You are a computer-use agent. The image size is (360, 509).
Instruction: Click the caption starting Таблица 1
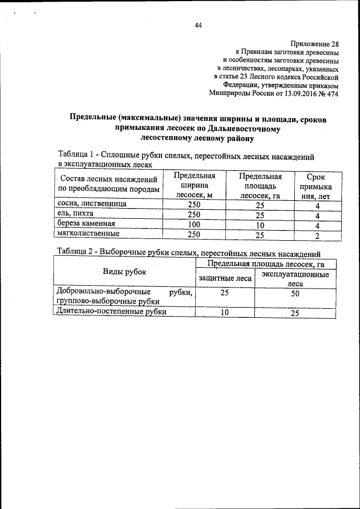pyautogui.click(x=186, y=156)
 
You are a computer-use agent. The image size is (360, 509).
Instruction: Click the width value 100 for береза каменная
pyautogui.click(x=193, y=224)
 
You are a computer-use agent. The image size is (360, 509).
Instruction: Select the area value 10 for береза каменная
pyautogui.click(x=260, y=224)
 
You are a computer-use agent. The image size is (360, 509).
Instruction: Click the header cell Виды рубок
pyautogui.click(x=124, y=272)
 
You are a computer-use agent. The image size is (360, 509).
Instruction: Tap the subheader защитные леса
pyautogui.click(x=224, y=277)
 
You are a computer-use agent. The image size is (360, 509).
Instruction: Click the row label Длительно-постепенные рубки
pyautogui.click(x=110, y=312)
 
